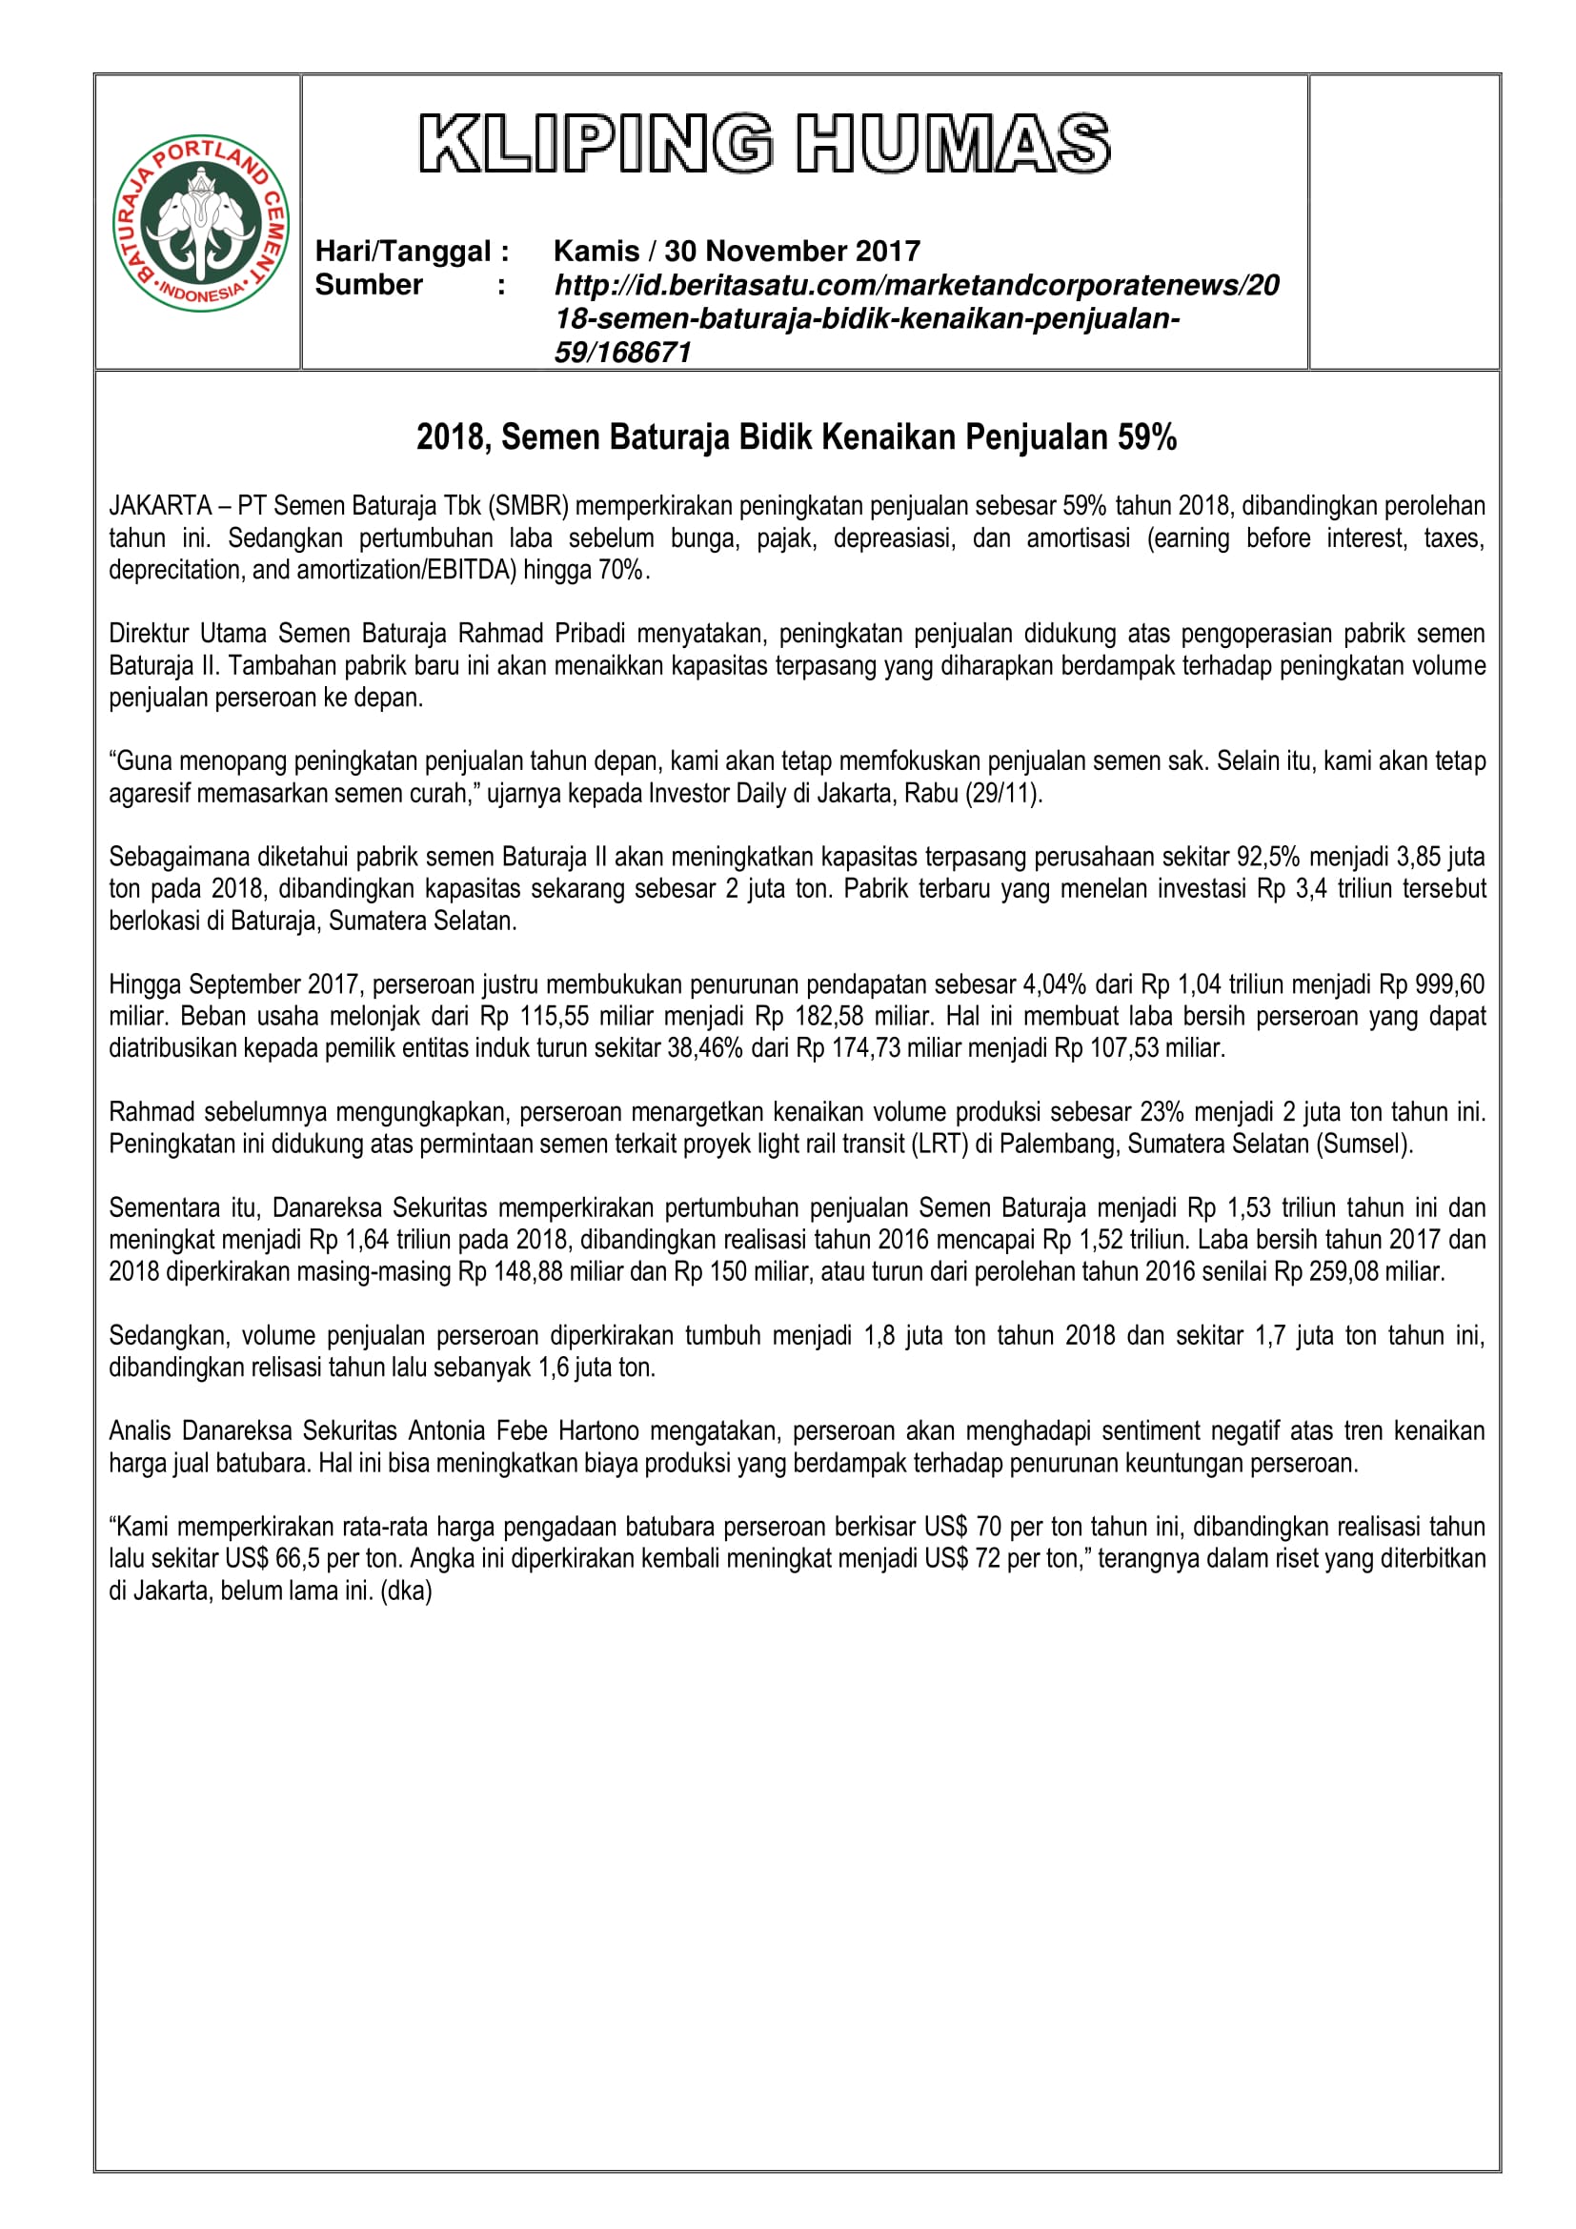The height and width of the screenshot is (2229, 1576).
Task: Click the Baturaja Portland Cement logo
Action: tap(201, 222)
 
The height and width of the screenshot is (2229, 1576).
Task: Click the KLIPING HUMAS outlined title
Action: tap(764, 144)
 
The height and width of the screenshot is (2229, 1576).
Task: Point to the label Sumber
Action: tap(369, 284)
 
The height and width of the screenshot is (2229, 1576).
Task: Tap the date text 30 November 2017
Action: tap(792, 252)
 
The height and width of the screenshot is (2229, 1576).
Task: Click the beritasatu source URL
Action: tap(915, 317)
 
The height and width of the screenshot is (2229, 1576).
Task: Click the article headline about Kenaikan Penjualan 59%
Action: tap(796, 437)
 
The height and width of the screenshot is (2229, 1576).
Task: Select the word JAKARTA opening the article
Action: tap(160, 506)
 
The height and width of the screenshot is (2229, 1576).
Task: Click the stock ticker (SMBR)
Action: tap(529, 506)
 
